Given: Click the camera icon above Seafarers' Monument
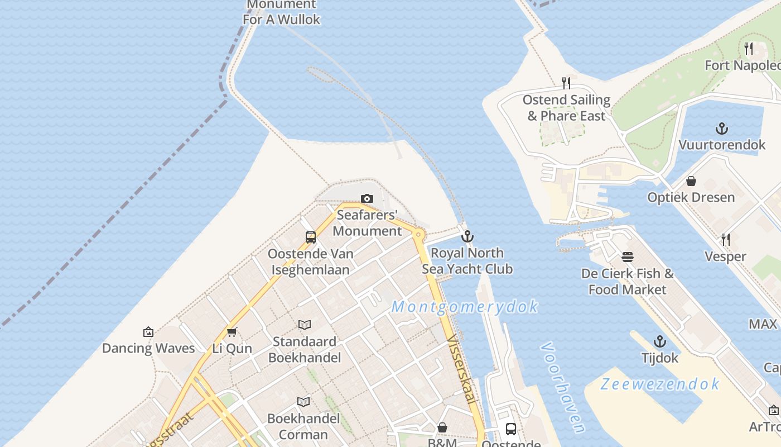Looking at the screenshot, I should pyautogui.click(x=367, y=198).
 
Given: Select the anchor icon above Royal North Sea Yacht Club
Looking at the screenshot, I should pyautogui.click(x=467, y=236).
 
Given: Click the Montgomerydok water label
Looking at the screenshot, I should pyautogui.click(x=465, y=307).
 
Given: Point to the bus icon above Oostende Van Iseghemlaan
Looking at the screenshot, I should pyautogui.click(x=311, y=237).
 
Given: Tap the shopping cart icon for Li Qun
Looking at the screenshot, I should pyautogui.click(x=232, y=332).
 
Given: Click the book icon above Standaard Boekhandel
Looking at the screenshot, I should pyautogui.click(x=304, y=325).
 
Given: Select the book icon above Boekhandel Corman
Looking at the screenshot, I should pyautogui.click(x=303, y=402).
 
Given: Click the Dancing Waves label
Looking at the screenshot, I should pyautogui.click(x=148, y=348).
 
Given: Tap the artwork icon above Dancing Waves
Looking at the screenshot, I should pyautogui.click(x=148, y=332).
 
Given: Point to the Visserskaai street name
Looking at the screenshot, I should pyautogui.click(x=463, y=369).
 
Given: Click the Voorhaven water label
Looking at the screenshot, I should pyautogui.click(x=562, y=387).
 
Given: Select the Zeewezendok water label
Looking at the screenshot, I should pyautogui.click(x=660, y=384).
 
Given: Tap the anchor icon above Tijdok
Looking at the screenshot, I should pyautogui.click(x=660, y=341).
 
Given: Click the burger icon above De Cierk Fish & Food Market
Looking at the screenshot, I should pyautogui.click(x=628, y=257).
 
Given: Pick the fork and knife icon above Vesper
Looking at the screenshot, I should pyautogui.click(x=725, y=240).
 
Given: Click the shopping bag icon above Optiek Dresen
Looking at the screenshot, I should pyautogui.click(x=691, y=181).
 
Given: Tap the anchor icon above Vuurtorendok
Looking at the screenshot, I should pyautogui.click(x=722, y=129).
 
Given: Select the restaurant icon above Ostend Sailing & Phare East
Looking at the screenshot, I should pyautogui.click(x=566, y=83).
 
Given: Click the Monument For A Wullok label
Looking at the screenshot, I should pyautogui.click(x=282, y=12).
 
